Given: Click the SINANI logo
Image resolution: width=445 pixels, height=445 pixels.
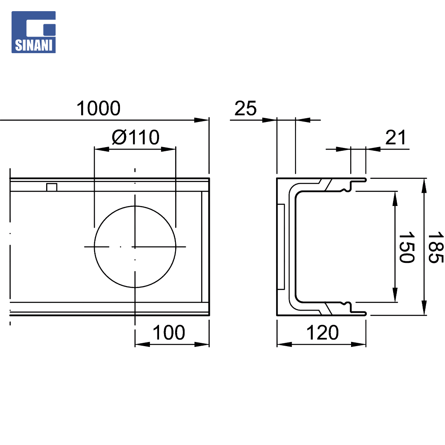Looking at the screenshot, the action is [x=33, y=32].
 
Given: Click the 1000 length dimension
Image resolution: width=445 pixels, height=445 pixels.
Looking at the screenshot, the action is [x=98, y=108].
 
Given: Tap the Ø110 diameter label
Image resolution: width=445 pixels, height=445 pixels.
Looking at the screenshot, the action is [x=136, y=137].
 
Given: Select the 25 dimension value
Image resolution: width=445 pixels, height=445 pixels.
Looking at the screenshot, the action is [x=246, y=108].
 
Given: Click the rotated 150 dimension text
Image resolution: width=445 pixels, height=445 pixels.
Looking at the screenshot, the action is [x=406, y=247].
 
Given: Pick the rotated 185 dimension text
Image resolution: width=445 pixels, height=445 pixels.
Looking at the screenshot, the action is [x=436, y=247].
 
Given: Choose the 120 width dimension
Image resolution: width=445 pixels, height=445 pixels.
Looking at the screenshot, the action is [x=322, y=333].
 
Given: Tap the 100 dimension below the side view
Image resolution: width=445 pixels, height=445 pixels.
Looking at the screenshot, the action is [x=169, y=333].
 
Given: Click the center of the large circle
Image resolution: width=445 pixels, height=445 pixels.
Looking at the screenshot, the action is [x=135, y=247].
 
